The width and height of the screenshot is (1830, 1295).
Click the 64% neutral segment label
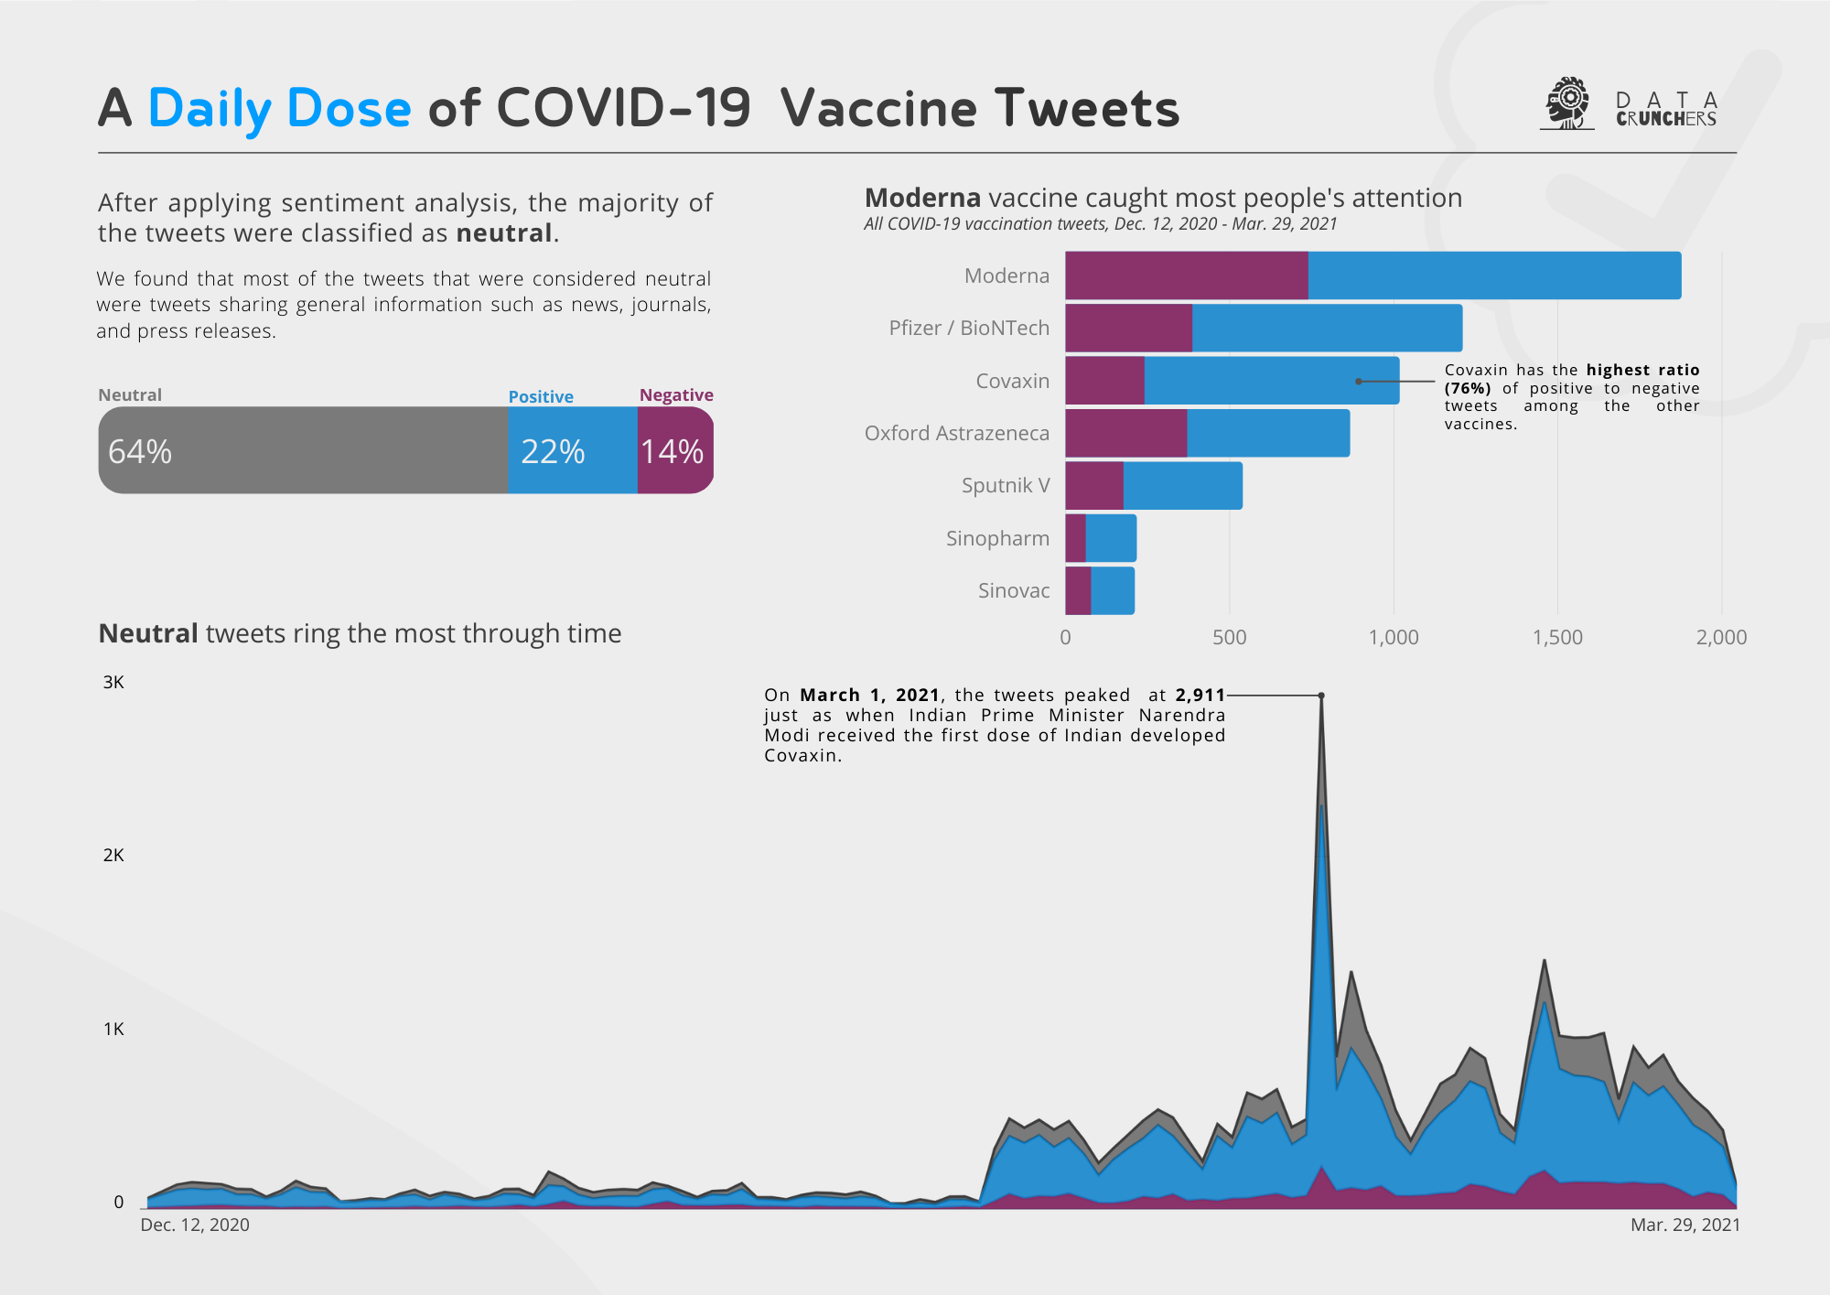pos(140,451)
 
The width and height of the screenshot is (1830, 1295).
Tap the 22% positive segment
pos(571,450)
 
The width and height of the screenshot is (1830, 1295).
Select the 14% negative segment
pos(674,450)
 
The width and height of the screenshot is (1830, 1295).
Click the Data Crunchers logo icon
pos(1567,103)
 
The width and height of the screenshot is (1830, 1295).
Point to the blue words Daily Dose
pos(279,108)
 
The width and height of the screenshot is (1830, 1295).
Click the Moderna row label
pos(1006,275)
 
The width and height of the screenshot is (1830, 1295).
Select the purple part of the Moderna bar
pos(1186,275)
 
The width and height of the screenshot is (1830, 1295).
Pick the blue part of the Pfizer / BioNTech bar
pos(1327,328)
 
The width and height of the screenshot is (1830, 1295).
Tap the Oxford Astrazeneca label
pos(956,433)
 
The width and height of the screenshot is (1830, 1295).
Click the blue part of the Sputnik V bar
pos(1182,485)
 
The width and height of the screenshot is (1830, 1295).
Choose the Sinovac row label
pos(1013,590)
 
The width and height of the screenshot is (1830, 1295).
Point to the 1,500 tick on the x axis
pos(1557,637)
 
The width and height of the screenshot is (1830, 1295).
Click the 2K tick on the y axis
pos(113,855)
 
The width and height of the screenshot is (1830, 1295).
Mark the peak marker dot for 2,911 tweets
pos(1321,696)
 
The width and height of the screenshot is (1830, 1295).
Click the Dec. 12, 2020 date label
pos(194,1225)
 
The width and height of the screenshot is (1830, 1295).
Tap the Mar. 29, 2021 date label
pos(1685,1225)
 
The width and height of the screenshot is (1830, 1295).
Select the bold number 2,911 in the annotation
pos(1200,696)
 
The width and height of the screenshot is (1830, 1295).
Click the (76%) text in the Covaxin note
pos(1467,388)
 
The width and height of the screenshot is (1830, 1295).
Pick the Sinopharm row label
pos(997,538)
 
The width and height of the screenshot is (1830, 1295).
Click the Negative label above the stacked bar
pos(676,394)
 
